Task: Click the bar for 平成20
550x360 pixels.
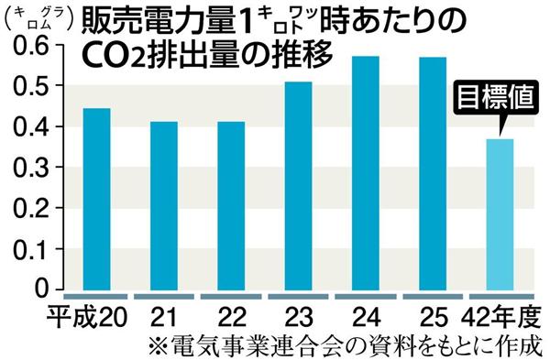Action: tap(96, 199)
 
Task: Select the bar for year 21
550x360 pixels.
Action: tap(163, 205)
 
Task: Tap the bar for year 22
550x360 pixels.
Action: tap(232, 205)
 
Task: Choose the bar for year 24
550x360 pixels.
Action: tap(367, 173)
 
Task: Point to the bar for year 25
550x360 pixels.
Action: tap(434, 173)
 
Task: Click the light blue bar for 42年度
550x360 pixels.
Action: tap(500, 214)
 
